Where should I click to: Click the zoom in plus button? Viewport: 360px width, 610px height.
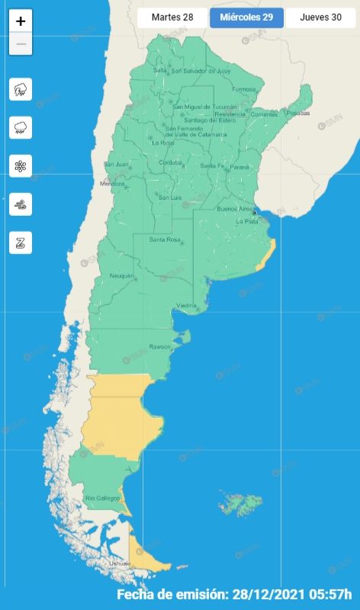(21, 21)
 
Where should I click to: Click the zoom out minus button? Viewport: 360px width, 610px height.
(21, 44)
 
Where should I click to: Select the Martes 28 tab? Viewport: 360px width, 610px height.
(172, 17)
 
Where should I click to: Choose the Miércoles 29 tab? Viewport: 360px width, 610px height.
(246, 17)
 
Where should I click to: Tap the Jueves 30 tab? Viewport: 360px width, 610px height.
(320, 17)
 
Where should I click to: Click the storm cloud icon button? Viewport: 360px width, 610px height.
(21, 89)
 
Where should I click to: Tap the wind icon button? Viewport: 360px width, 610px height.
(21, 204)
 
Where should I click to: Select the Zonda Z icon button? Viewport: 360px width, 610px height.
(21, 242)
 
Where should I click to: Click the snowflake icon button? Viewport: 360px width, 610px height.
(21, 165)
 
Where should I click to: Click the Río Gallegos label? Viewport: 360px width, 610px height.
(102, 499)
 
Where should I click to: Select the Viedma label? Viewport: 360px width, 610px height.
(187, 306)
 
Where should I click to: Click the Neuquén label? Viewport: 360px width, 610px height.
(121, 275)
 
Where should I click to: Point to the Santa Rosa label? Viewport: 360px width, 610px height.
(164, 240)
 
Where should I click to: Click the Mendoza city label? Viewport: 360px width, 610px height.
(111, 184)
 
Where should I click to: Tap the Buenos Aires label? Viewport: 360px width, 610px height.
(234, 208)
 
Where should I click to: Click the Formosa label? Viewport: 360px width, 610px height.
(244, 89)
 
